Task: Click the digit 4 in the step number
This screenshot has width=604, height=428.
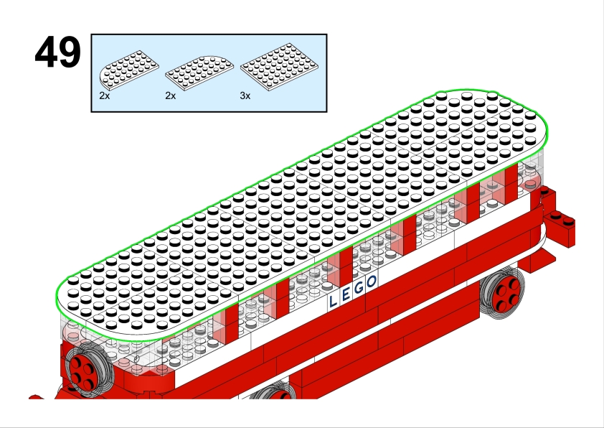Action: (47, 52)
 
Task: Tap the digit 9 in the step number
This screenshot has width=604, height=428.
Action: (70, 52)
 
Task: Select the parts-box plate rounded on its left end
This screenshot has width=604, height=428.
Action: (129, 70)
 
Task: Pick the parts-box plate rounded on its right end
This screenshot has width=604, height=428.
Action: (199, 73)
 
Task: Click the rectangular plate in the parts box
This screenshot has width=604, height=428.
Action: (279, 67)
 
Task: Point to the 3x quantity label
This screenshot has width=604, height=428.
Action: (245, 96)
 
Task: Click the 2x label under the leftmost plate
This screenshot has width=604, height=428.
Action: (105, 96)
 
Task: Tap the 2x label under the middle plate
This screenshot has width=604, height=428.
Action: (170, 96)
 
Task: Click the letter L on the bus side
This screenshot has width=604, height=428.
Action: (333, 301)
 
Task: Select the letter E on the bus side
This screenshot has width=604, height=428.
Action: (346, 295)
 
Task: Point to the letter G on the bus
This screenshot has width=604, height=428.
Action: (359, 289)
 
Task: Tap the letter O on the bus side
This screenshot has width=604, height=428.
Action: (372, 282)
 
